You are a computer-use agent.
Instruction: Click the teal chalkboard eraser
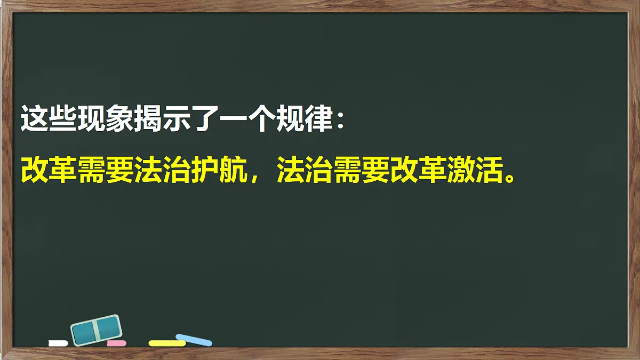97,329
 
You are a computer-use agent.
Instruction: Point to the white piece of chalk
58,343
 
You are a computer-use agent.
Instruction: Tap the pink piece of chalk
116,343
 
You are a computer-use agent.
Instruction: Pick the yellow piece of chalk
167,343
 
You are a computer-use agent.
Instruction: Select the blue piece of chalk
194,340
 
